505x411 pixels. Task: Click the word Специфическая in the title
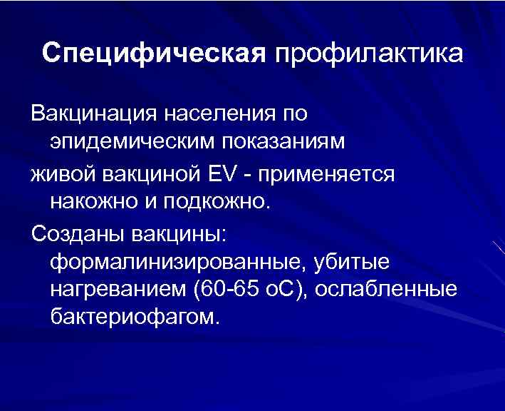(151, 55)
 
